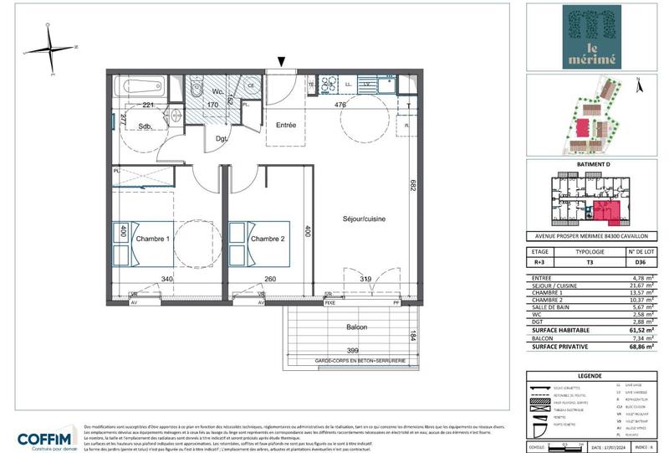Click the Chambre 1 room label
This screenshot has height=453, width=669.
pyautogui.click(x=153, y=239)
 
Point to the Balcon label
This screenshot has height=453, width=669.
pyautogui.click(x=354, y=327)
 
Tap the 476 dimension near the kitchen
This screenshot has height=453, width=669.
pyautogui.click(x=341, y=106)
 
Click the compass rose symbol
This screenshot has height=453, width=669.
pyautogui.click(x=51, y=46)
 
